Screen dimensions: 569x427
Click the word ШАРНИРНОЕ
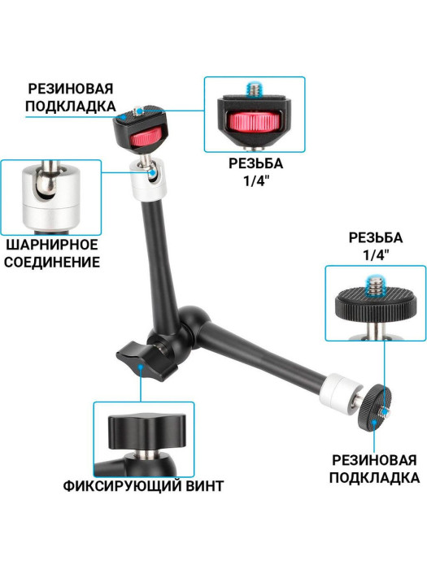[x=52, y=244]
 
